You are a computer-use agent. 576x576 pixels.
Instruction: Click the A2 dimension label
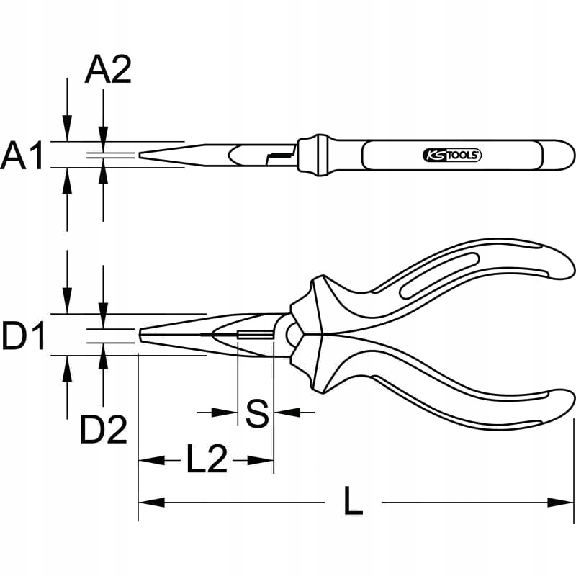(x=108, y=71)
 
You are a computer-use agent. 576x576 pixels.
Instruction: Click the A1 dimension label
(x=23, y=156)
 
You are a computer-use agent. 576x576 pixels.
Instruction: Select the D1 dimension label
(x=23, y=336)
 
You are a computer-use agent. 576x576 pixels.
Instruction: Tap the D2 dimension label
(x=103, y=431)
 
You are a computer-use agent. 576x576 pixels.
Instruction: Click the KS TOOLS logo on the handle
(x=450, y=155)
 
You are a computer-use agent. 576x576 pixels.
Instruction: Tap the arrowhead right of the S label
(x=282, y=413)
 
